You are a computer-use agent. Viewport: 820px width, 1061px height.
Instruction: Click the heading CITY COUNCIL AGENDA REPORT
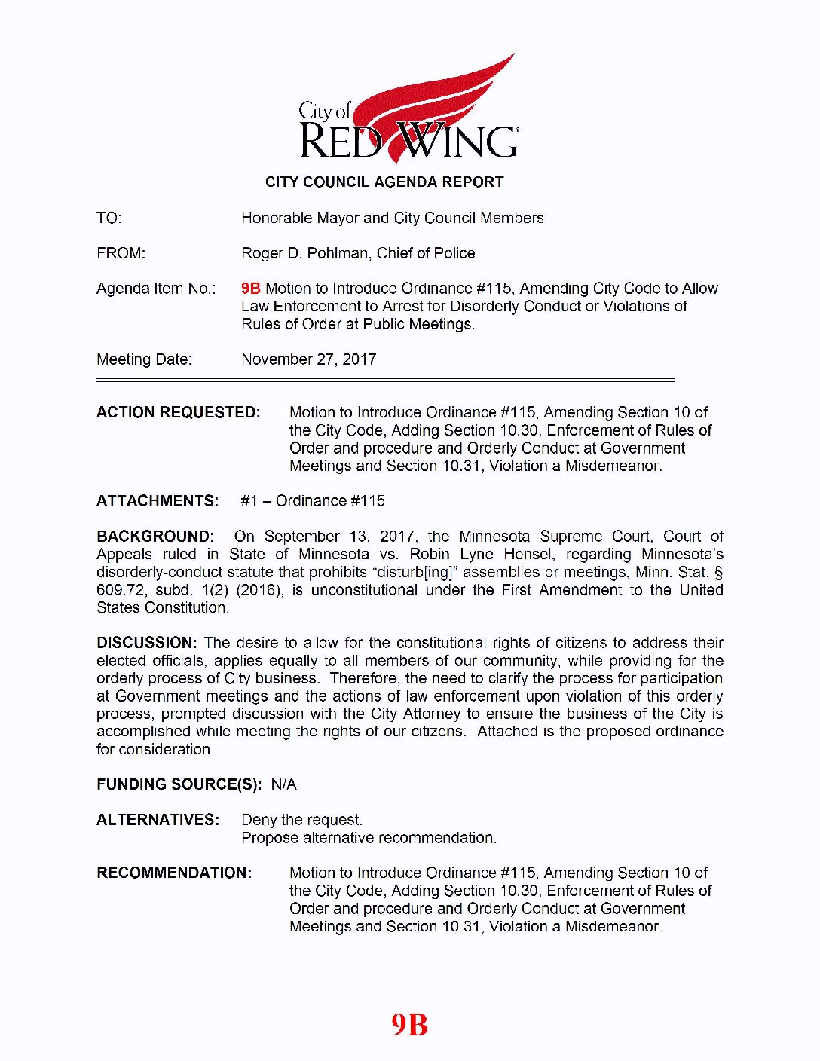coord(384,182)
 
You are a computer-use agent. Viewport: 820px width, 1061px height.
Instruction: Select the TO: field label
coord(109,218)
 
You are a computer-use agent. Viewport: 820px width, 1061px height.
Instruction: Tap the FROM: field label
coord(121,253)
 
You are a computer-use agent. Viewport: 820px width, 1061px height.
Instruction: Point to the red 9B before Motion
coord(250,289)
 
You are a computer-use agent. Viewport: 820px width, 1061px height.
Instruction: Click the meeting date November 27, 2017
coord(308,359)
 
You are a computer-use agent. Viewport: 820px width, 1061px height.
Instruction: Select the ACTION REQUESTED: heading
coord(178,412)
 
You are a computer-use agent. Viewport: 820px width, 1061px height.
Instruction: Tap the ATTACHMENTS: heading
coord(158,501)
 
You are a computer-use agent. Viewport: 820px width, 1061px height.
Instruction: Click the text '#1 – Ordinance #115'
coord(313,501)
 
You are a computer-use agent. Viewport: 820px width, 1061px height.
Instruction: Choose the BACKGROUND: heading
coord(155,537)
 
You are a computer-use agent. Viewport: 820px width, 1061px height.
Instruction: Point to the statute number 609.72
coord(121,589)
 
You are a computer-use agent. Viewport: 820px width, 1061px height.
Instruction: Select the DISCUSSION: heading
coord(147,643)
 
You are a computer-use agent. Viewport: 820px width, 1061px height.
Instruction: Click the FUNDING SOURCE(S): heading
coord(179,784)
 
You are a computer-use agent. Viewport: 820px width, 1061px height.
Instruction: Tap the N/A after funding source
coord(283,784)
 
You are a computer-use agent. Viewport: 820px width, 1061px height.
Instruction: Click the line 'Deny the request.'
coord(301,820)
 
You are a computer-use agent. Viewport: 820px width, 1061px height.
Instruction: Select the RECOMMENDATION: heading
coord(174,873)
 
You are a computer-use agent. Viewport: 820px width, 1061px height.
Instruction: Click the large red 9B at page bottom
coord(409,1025)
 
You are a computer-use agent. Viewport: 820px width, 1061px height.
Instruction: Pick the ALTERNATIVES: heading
coord(158,820)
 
